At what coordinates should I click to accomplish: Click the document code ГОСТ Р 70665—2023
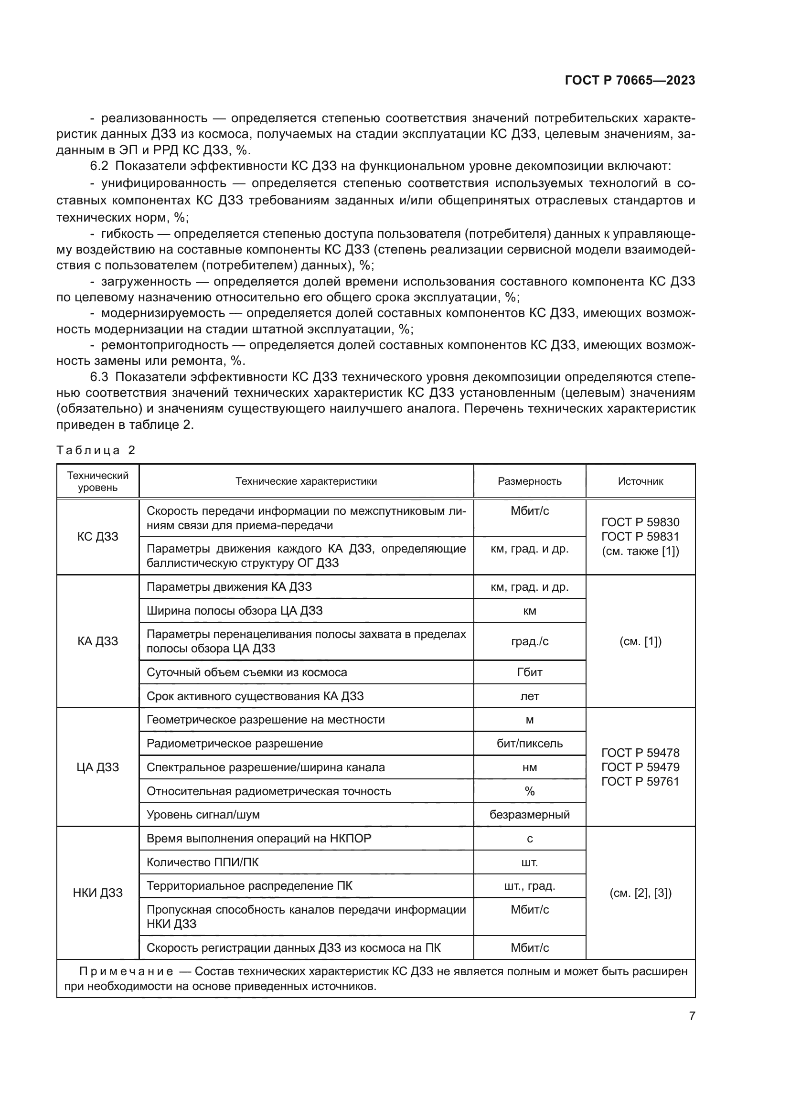pos(630,80)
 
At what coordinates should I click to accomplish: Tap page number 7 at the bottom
pos(692,1016)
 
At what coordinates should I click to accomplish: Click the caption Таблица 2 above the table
pos(96,450)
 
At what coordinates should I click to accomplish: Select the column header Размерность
pos(529,481)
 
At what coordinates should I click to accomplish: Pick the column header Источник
pos(640,481)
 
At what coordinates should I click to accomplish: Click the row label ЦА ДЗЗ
pos(98,767)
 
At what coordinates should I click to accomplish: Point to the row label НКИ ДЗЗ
pos(98,893)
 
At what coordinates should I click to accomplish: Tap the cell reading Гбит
pos(529,672)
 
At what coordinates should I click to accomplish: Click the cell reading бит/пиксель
pos(529,744)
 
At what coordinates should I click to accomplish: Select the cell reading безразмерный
pos(529,814)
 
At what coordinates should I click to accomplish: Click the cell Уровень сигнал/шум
pos(203,814)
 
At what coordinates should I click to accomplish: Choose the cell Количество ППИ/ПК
pos(203,862)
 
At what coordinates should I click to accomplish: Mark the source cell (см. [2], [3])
pos(640,893)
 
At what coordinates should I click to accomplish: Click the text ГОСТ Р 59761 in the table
pos(640,782)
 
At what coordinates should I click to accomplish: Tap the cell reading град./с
pos(529,641)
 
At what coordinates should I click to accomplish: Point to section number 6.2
pos(99,166)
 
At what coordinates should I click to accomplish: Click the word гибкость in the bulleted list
pos(128,234)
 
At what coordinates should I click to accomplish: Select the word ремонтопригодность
pos(164,345)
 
